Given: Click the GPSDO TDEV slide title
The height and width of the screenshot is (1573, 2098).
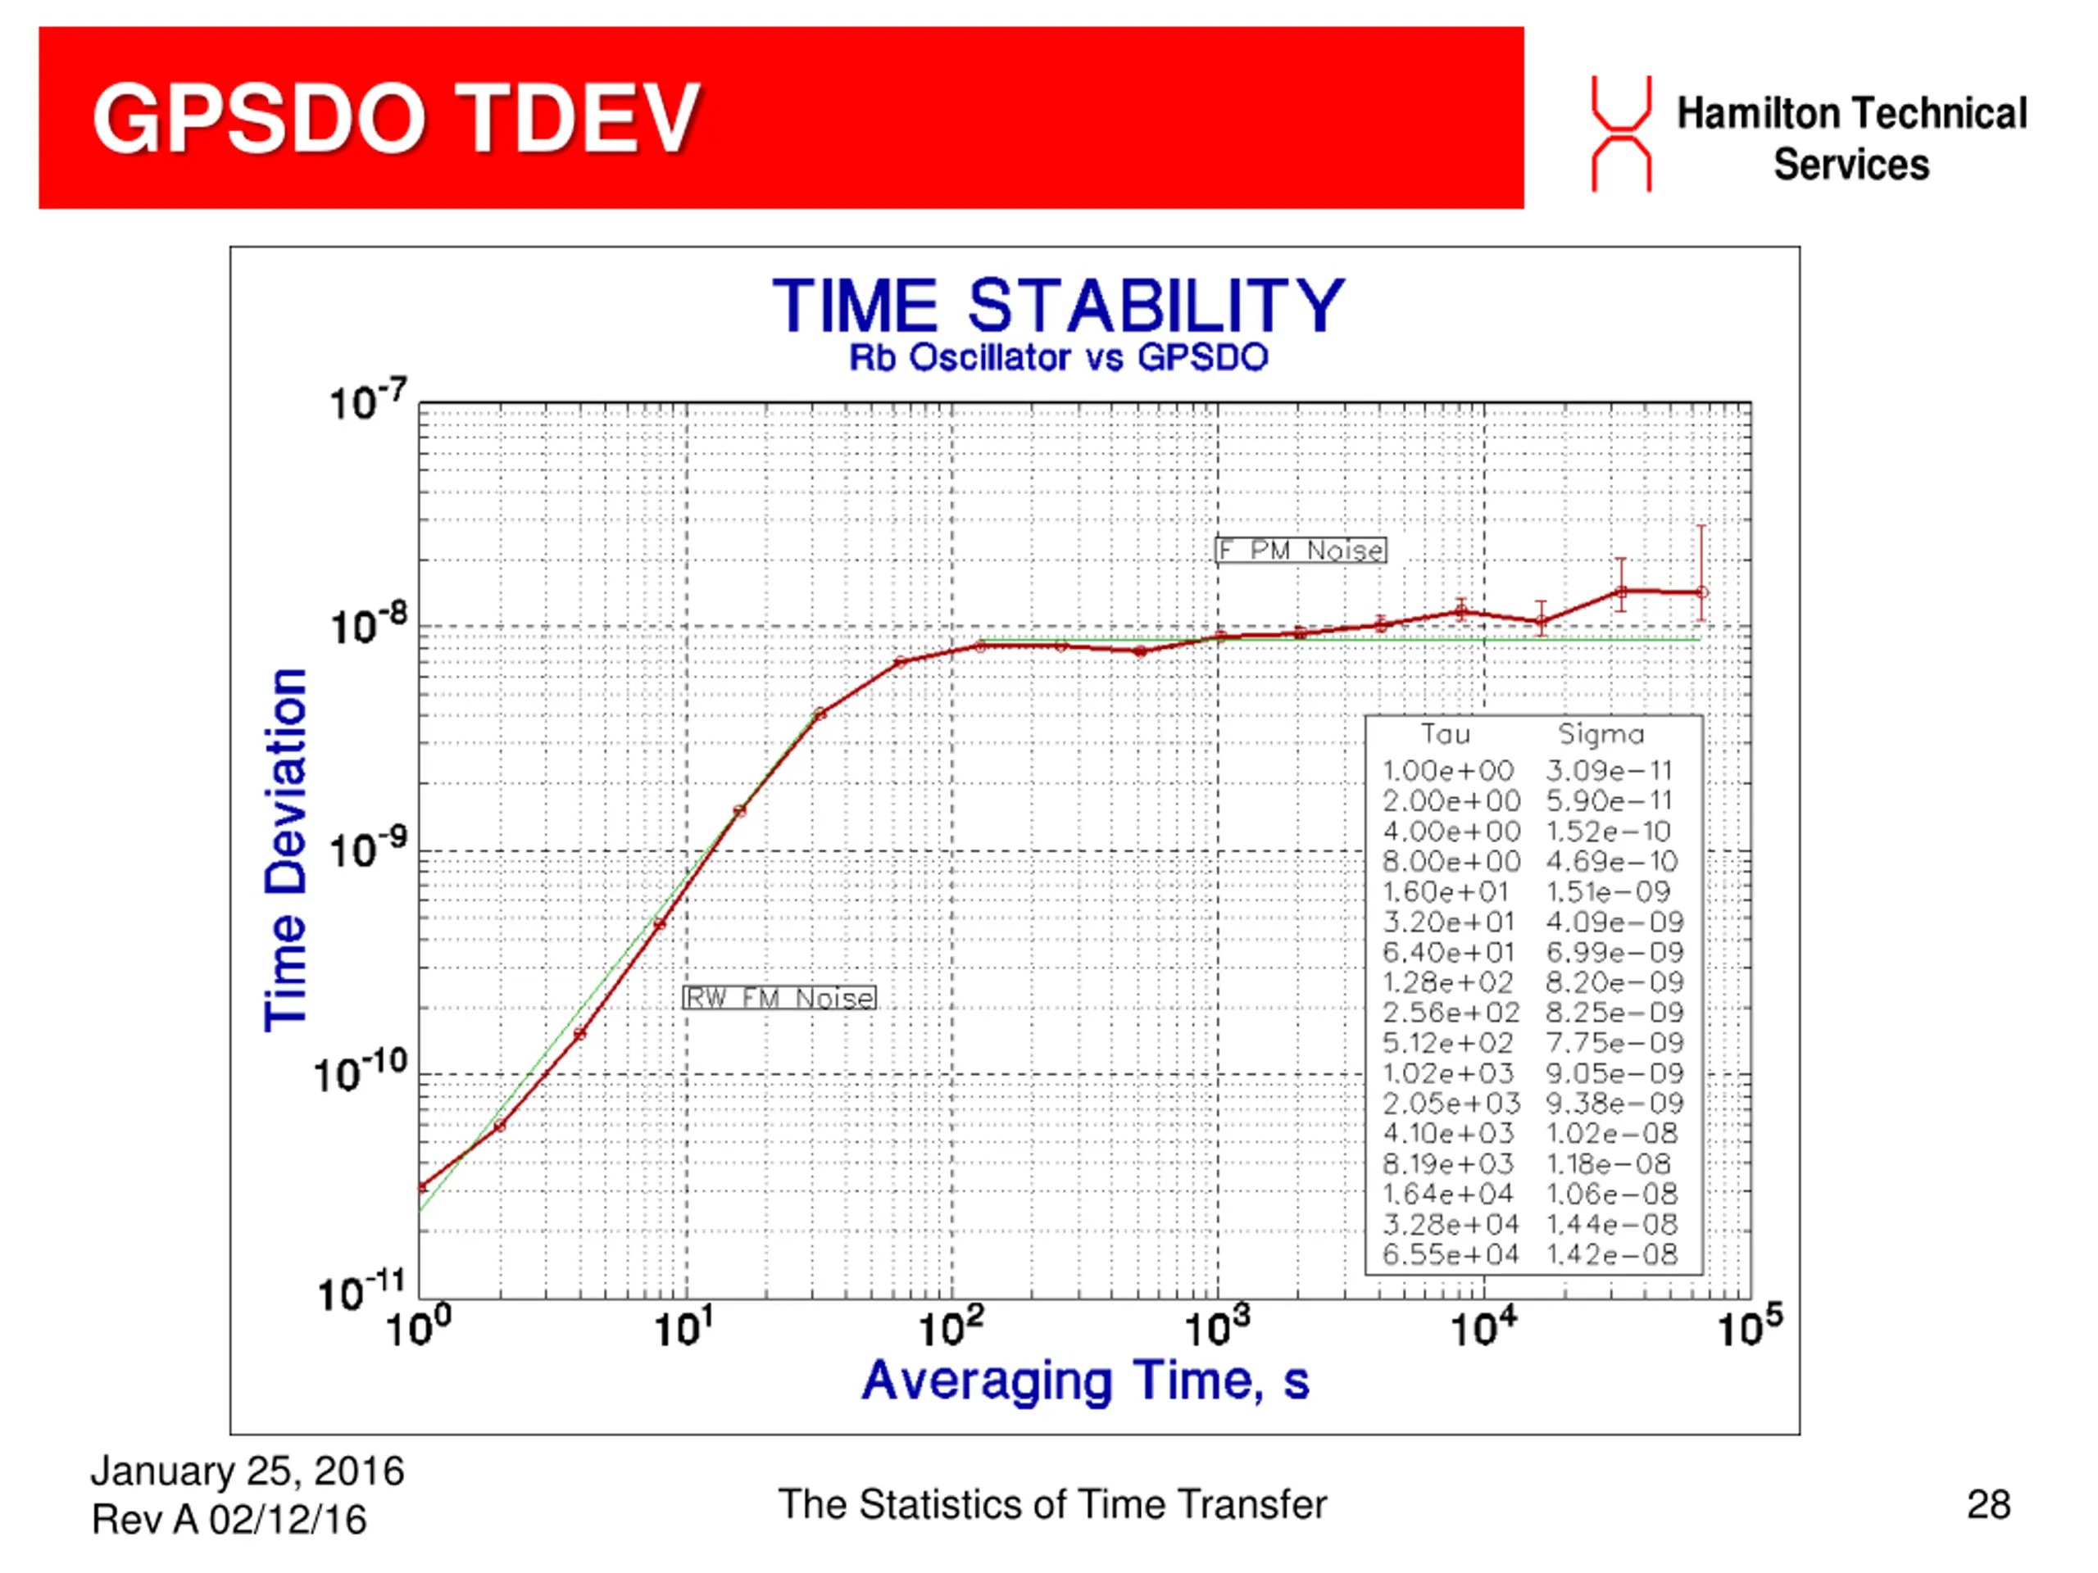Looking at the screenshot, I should click(x=396, y=118).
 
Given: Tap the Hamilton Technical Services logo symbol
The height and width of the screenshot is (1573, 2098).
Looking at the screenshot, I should click(x=1621, y=134).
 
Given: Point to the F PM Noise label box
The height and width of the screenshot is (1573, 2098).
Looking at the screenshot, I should click(x=1301, y=550).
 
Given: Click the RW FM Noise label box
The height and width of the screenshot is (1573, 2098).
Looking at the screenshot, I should click(x=779, y=998).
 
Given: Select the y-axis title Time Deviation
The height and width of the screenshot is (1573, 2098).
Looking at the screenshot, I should click(x=285, y=850).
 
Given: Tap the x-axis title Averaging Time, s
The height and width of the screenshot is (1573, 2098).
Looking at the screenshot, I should click(x=1085, y=1381).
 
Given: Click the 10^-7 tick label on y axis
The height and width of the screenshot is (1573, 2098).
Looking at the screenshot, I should click(x=368, y=402).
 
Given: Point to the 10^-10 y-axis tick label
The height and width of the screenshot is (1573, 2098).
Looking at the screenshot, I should click(x=361, y=1073).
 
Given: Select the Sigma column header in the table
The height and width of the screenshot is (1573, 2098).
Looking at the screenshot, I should click(x=1601, y=734).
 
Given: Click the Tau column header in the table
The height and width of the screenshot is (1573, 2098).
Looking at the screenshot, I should click(x=1446, y=734).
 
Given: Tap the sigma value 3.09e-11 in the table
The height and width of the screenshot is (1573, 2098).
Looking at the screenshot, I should click(x=1609, y=770).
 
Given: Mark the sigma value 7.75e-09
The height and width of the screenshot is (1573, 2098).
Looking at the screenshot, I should click(x=1614, y=1043).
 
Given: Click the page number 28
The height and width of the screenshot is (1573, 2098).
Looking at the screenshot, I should click(x=1989, y=1505).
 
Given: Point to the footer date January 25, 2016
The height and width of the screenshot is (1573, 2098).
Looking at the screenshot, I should click(x=247, y=1471).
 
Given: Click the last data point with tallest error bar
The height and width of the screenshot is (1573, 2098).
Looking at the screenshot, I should click(x=1702, y=592).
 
